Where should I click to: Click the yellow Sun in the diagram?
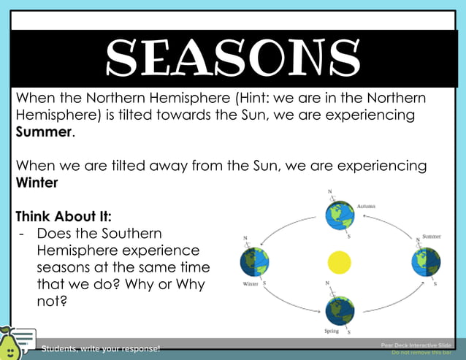point(339,261)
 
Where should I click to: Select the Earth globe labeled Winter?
point(254,261)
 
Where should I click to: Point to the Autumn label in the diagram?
point(367,207)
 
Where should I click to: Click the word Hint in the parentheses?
point(260,98)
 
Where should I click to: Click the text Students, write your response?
point(101,348)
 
